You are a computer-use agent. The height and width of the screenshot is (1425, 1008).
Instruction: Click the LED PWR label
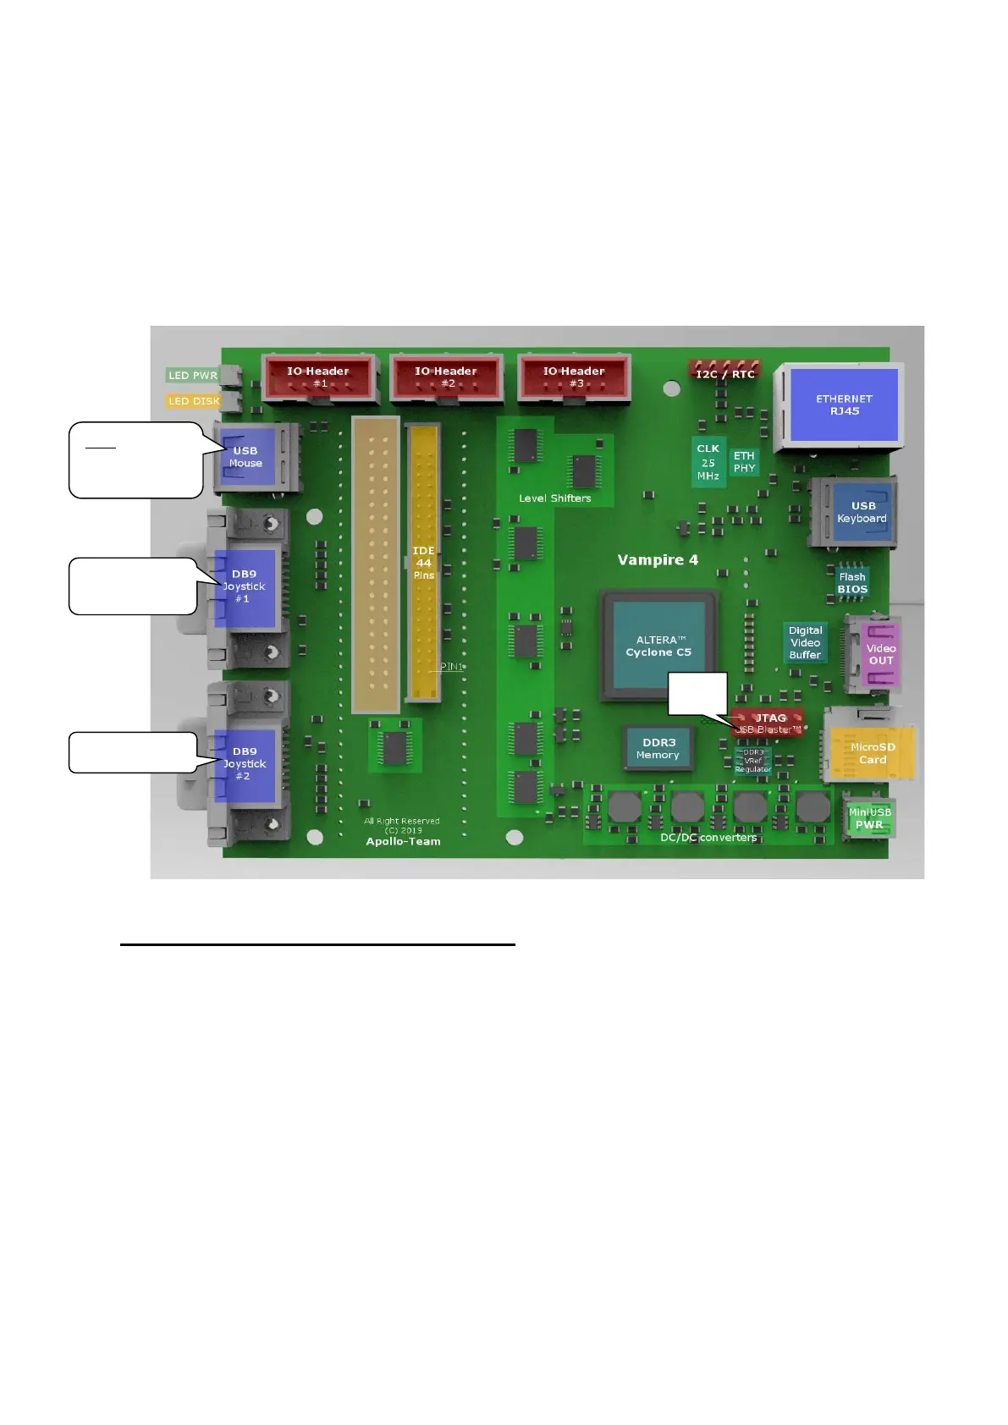(192, 375)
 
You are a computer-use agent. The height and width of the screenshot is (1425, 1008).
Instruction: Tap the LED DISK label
(194, 401)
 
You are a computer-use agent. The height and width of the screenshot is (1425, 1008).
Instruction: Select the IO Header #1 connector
(318, 377)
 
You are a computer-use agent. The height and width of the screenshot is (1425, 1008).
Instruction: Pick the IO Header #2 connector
(446, 377)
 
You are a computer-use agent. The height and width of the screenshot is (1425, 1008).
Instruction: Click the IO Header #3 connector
(574, 377)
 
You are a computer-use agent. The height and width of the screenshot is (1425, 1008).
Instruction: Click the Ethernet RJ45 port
(844, 405)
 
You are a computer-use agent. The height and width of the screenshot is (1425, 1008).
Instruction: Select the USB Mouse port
(247, 457)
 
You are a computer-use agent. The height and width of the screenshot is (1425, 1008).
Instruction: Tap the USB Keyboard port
(862, 513)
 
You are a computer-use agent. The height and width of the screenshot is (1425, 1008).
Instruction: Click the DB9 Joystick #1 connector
(244, 587)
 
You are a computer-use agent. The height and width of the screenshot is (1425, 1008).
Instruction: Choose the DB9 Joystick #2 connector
(244, 764)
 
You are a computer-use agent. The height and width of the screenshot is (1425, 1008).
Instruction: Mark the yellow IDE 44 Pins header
(423, 563)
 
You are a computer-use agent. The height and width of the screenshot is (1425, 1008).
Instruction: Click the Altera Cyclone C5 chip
(658, 646)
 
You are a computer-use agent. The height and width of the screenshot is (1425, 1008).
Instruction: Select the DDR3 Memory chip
(658, 749)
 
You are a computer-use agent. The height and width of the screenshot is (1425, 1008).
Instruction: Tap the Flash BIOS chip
(852, 583)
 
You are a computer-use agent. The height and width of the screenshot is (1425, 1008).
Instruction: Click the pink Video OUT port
(880, 654)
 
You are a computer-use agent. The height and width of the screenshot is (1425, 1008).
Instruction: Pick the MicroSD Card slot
(872, 753)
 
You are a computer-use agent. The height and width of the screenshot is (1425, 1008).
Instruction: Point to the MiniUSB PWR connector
(869, 818)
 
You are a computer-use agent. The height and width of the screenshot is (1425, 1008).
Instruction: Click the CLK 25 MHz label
(708, 463)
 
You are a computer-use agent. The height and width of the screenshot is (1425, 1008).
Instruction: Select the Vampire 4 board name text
(658, 560)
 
